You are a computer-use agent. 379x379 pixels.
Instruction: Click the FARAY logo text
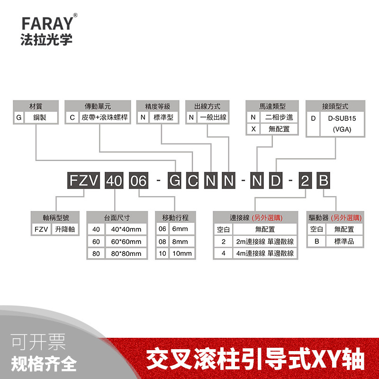47,23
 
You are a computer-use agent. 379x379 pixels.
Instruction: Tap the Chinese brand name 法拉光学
47,39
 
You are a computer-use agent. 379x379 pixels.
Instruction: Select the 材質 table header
36,106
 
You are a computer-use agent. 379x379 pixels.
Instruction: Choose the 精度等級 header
157,106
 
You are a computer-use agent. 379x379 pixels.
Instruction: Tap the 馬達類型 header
272,106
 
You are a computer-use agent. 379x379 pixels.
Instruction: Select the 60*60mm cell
126,242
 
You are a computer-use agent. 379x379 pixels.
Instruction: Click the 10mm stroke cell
181,253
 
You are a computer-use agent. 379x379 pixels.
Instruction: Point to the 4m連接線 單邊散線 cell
264,253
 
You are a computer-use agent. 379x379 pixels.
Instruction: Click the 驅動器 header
335,218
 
